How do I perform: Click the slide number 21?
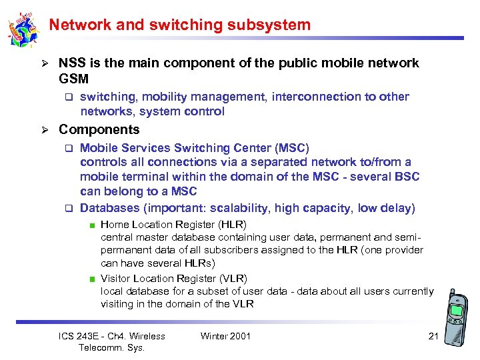pos(433,336)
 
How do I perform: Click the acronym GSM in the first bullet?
pos(73,79)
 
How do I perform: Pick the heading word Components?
pos(99,129)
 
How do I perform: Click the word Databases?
pos(110,208)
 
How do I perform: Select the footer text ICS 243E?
pos(82,336)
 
